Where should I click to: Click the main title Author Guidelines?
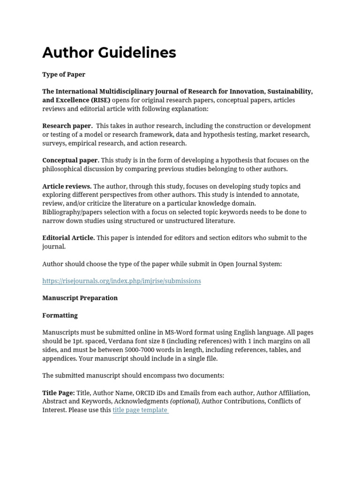click(109, 52)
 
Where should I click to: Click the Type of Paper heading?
click(64, 74)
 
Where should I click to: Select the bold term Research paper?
click(67, 126)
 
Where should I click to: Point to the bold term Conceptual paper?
click(70, 160)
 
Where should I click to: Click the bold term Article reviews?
click(67, 186)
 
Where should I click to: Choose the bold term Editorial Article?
click(68, 238)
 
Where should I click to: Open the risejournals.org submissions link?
click(121, 281)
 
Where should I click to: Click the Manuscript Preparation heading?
click(80, 298)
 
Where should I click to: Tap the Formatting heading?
click(60, 315)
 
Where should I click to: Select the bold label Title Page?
click(58, 393)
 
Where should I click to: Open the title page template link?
click(140, 410)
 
